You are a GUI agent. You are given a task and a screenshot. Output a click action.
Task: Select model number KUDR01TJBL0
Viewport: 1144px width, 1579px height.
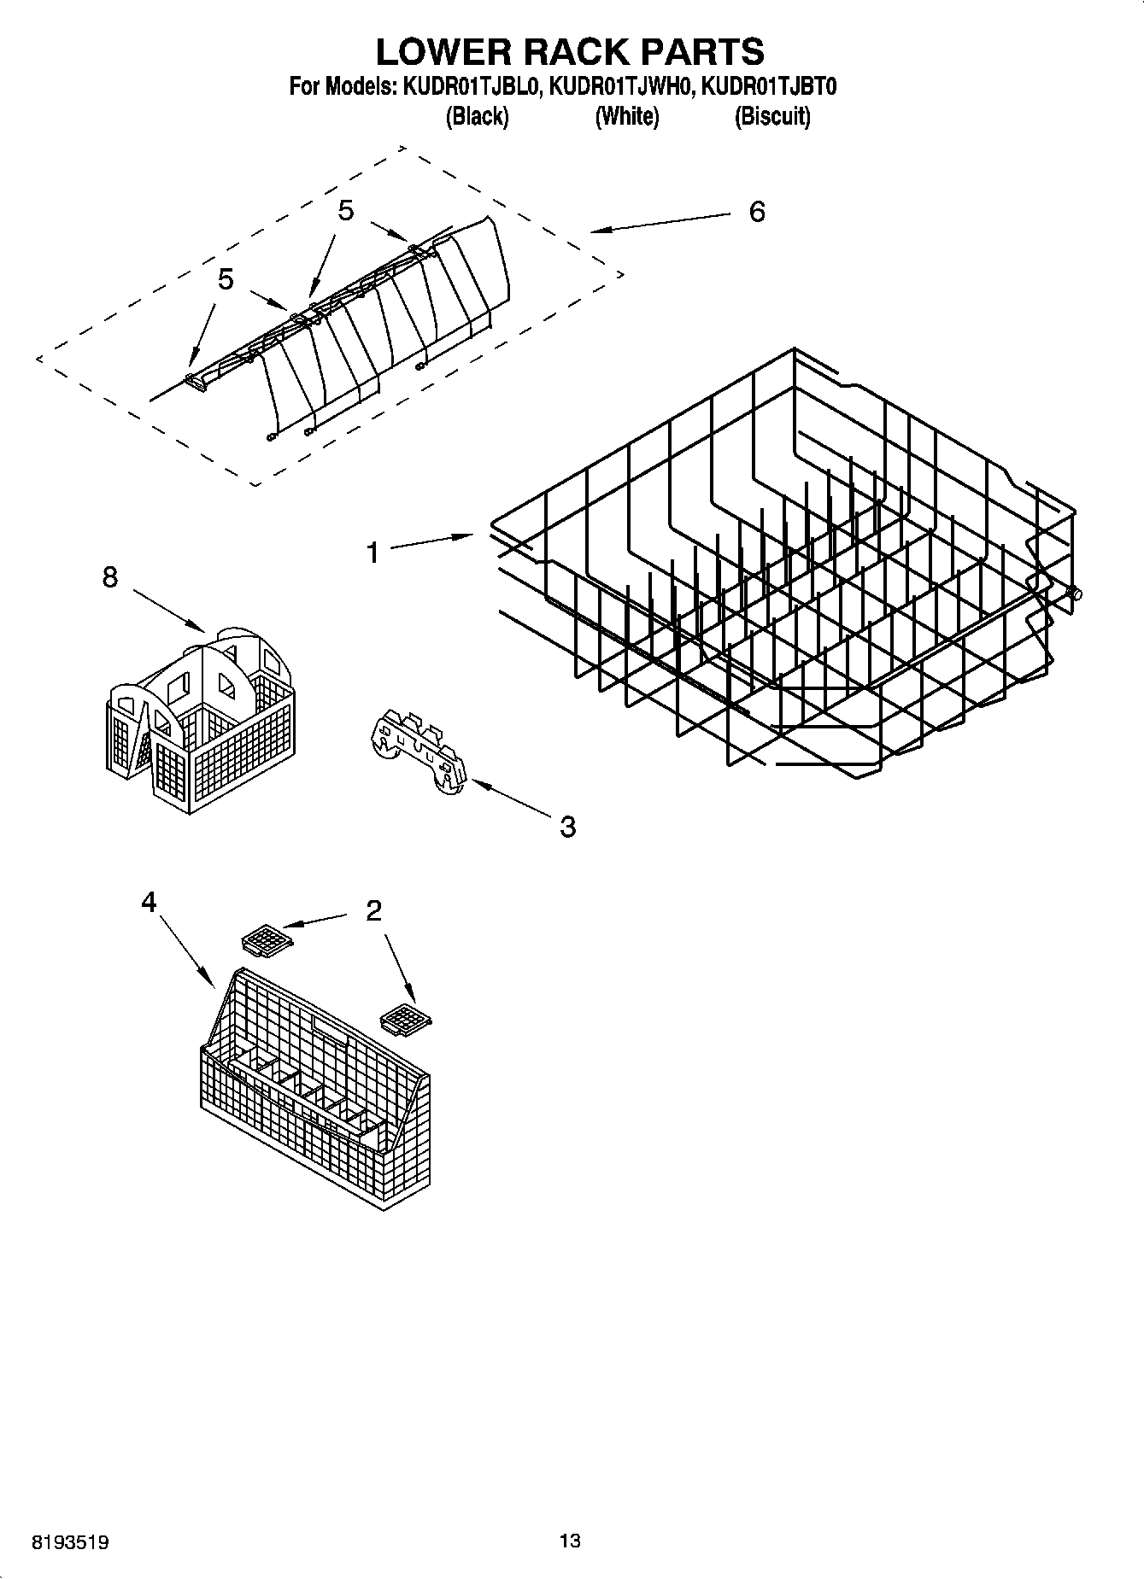pyautogui.click(x=470, y=87)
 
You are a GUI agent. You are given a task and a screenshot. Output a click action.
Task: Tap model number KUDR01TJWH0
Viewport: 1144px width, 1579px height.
pyautogui.click(x=619, y=87)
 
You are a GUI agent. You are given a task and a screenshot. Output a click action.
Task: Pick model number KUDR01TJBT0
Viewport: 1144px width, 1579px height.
pyautogui.click(x=768, y=87)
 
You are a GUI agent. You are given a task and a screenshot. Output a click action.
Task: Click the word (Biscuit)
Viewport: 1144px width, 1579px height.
pyautogui.click(x=772, y=115)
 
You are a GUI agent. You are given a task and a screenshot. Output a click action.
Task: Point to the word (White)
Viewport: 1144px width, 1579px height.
pyautogui.click(x=626, y=115)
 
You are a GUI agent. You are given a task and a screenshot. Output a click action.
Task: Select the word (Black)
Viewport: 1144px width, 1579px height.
pyautogui.click(x=477, y=115)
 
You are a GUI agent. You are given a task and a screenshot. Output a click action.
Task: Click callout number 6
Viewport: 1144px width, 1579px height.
pyautogui.click(x=757, y=212)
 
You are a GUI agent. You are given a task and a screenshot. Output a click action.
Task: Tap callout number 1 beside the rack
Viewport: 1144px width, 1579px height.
pyautogui.click(x=373, y=553)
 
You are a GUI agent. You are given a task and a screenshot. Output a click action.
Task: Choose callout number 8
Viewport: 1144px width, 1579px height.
pyautogui.click(x=110, y=578)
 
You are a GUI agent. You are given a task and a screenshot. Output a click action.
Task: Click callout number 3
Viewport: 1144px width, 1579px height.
pyautogui.click(x=567, y=826)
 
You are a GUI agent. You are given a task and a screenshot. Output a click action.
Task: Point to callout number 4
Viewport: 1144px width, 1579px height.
pyautogui.click(x=150, y=902)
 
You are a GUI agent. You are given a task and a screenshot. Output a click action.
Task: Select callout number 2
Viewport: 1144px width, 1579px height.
pyautogui.click(x=373, y=911)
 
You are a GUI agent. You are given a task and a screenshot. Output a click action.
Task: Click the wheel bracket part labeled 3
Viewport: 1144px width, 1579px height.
pyautogui.click(x=419, y=751)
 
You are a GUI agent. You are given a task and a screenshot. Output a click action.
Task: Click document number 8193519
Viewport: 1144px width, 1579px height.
pyautogui.click(x=70, y=1542)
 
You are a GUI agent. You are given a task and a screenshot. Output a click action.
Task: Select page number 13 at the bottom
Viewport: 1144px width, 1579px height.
pyautogui.click(x=570, y=1541)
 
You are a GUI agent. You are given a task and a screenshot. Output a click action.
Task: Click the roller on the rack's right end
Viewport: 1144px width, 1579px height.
pyautogui.click(x=1076, y=594)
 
